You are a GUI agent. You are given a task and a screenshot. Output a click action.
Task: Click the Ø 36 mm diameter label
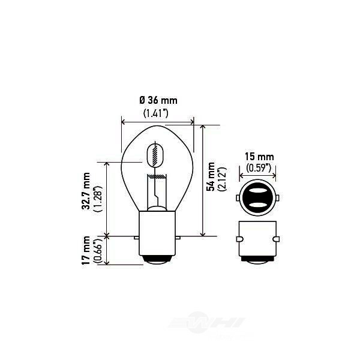click(158, 100)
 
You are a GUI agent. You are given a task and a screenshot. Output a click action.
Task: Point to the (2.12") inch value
click(221, 178)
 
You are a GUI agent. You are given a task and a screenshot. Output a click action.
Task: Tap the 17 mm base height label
click(87, 251)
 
